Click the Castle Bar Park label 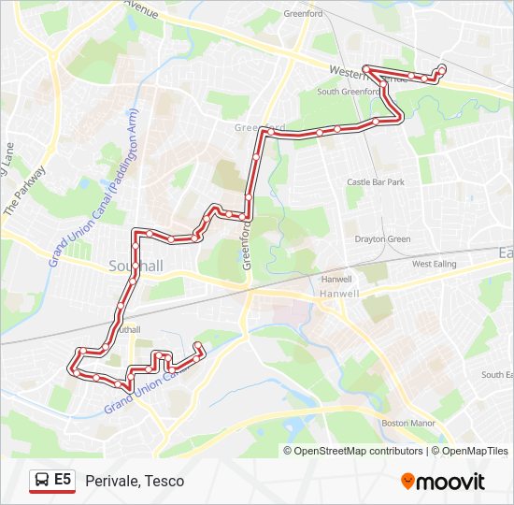click(375, 182)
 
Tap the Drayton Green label click(382, 239)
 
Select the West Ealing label click(435, 265)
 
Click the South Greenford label click(351, 92)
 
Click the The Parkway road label click(25, 192)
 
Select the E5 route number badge click(63, 480)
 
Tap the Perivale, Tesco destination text click(135, 481)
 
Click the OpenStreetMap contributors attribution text click(359, 451)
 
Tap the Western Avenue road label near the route click(368, 74)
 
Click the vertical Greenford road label click(249, 245)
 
